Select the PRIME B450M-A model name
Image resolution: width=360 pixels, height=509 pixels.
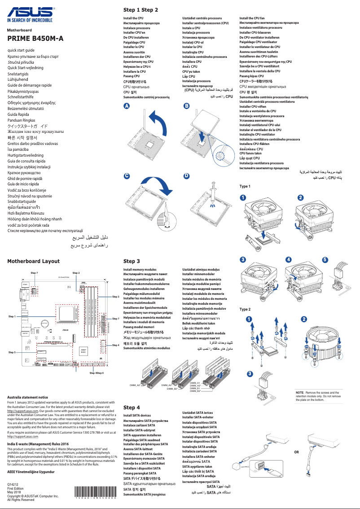[x=35, y=39]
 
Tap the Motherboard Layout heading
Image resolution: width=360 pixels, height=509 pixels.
[x=33, y=261]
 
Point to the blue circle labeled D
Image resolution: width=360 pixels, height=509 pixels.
[x=186, y=176]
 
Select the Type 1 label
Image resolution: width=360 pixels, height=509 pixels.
[x=245, y=186]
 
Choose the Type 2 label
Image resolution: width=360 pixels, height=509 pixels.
[x=245, y=310]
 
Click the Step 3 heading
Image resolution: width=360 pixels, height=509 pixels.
[x=132, y=261]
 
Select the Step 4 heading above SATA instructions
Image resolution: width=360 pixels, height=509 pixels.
[x=132, y=408]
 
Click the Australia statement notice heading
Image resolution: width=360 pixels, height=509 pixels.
[x=28, y=397]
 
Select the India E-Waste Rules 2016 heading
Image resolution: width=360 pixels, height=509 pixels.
[x=34, y=443]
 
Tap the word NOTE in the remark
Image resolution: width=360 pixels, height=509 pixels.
[x=299, y=393]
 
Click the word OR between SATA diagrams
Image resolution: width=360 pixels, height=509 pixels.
[x=296, y=452]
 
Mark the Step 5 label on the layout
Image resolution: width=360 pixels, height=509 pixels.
[x=12, y=353]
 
